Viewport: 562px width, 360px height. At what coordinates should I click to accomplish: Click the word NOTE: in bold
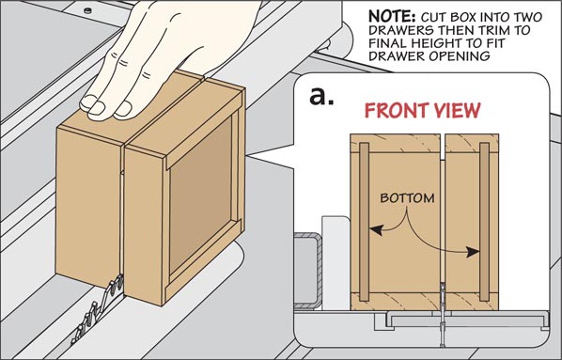392,17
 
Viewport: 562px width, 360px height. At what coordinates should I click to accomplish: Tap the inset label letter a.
321,96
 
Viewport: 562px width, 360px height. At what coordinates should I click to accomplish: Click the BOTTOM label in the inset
407,198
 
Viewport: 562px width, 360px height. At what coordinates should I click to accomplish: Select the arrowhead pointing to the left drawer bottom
375,230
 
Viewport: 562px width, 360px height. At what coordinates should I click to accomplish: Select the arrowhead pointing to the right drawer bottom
473,252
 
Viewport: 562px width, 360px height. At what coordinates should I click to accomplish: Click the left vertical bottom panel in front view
364,222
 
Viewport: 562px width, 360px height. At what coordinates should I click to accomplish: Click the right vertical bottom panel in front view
484,222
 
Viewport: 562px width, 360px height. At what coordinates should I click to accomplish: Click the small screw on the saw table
87,10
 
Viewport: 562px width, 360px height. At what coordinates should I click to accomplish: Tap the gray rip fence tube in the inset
307,271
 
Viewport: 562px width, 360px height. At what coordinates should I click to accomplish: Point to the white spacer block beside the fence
336,262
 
